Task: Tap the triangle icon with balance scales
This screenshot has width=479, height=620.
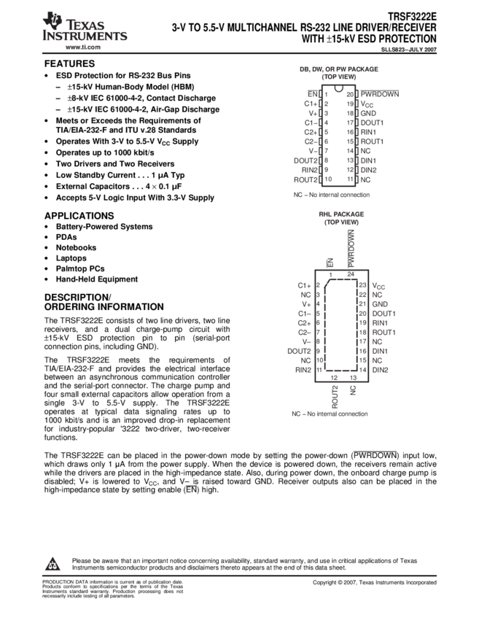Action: coord(52,564)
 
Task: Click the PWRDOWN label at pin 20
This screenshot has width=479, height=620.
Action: coord(380,94)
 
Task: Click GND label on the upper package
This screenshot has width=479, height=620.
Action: coord(367,113)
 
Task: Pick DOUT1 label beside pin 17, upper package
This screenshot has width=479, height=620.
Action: coord(371,123)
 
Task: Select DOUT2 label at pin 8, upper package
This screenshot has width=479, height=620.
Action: coord(306,160)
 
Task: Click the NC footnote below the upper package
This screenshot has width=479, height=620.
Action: coord(331,195)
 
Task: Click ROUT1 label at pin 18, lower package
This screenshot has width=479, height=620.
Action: coord(383,332)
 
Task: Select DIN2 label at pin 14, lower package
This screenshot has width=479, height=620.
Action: coord(380,370)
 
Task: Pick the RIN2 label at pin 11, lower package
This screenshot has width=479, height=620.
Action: coord(303,370)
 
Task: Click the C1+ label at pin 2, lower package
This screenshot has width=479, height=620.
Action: coord(304,285)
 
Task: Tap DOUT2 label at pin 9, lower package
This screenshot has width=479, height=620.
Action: coord(299,351)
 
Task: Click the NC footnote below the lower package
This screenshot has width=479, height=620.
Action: coord(330,414)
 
